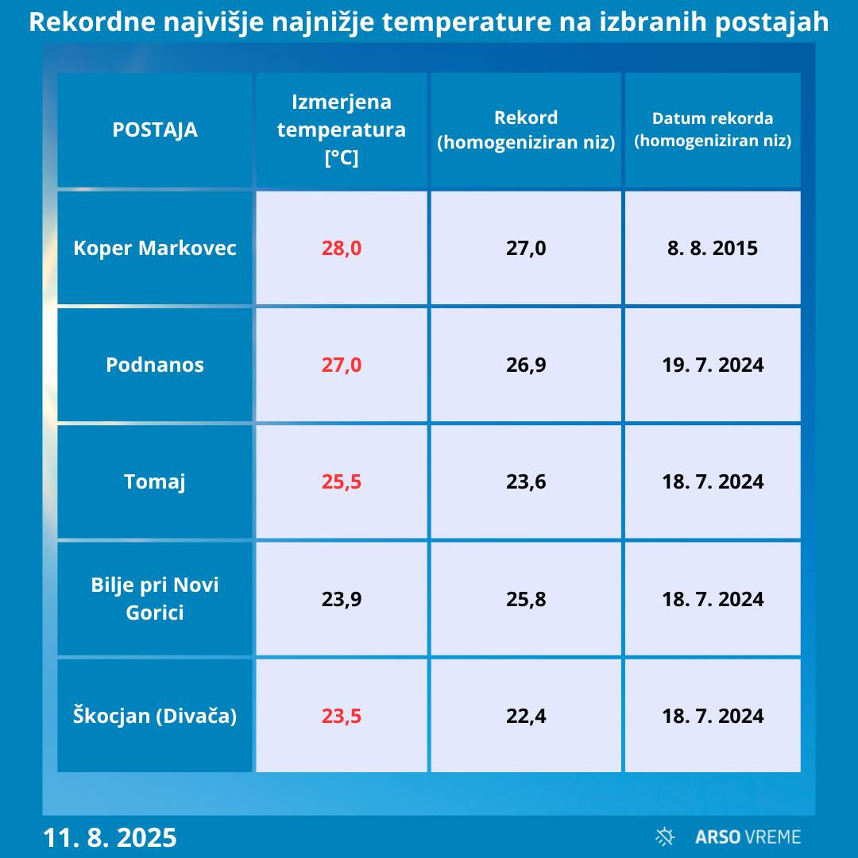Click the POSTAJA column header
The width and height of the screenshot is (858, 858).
click(x=155, y=129)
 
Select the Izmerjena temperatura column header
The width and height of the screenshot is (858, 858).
click(x=342, y=129)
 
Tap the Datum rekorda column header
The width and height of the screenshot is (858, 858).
click(x=713, y=129)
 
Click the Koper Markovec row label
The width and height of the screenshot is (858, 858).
click(x=155, y=248)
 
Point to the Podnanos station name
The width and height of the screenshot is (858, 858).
click(x=155, y=365)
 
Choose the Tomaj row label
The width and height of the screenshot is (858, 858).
click(x=155, y=481)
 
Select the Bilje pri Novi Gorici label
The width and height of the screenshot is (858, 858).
click(x=155, y=598)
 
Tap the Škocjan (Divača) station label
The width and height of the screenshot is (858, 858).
click(x=155, y=716)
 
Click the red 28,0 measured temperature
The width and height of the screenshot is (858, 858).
click(x=342, y=248)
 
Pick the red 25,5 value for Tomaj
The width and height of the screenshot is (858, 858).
click(x=342, y=481)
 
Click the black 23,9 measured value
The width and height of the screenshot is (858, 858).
click(x=342, y=599)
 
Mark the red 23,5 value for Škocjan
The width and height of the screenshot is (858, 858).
click(x=342, y=716)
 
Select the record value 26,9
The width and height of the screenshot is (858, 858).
click(x=526, y=365)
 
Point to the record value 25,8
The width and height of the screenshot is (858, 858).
click(x=526, y=599)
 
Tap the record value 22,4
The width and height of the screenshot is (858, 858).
click(x=526, y=716)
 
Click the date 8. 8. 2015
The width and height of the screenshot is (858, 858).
click(x=713, y=248)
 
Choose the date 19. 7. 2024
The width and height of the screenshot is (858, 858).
click(x=713, y=365)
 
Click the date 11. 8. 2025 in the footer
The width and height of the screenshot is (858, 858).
click(x=110, y=837)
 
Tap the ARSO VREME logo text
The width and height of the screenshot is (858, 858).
click(x=747, y=837)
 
